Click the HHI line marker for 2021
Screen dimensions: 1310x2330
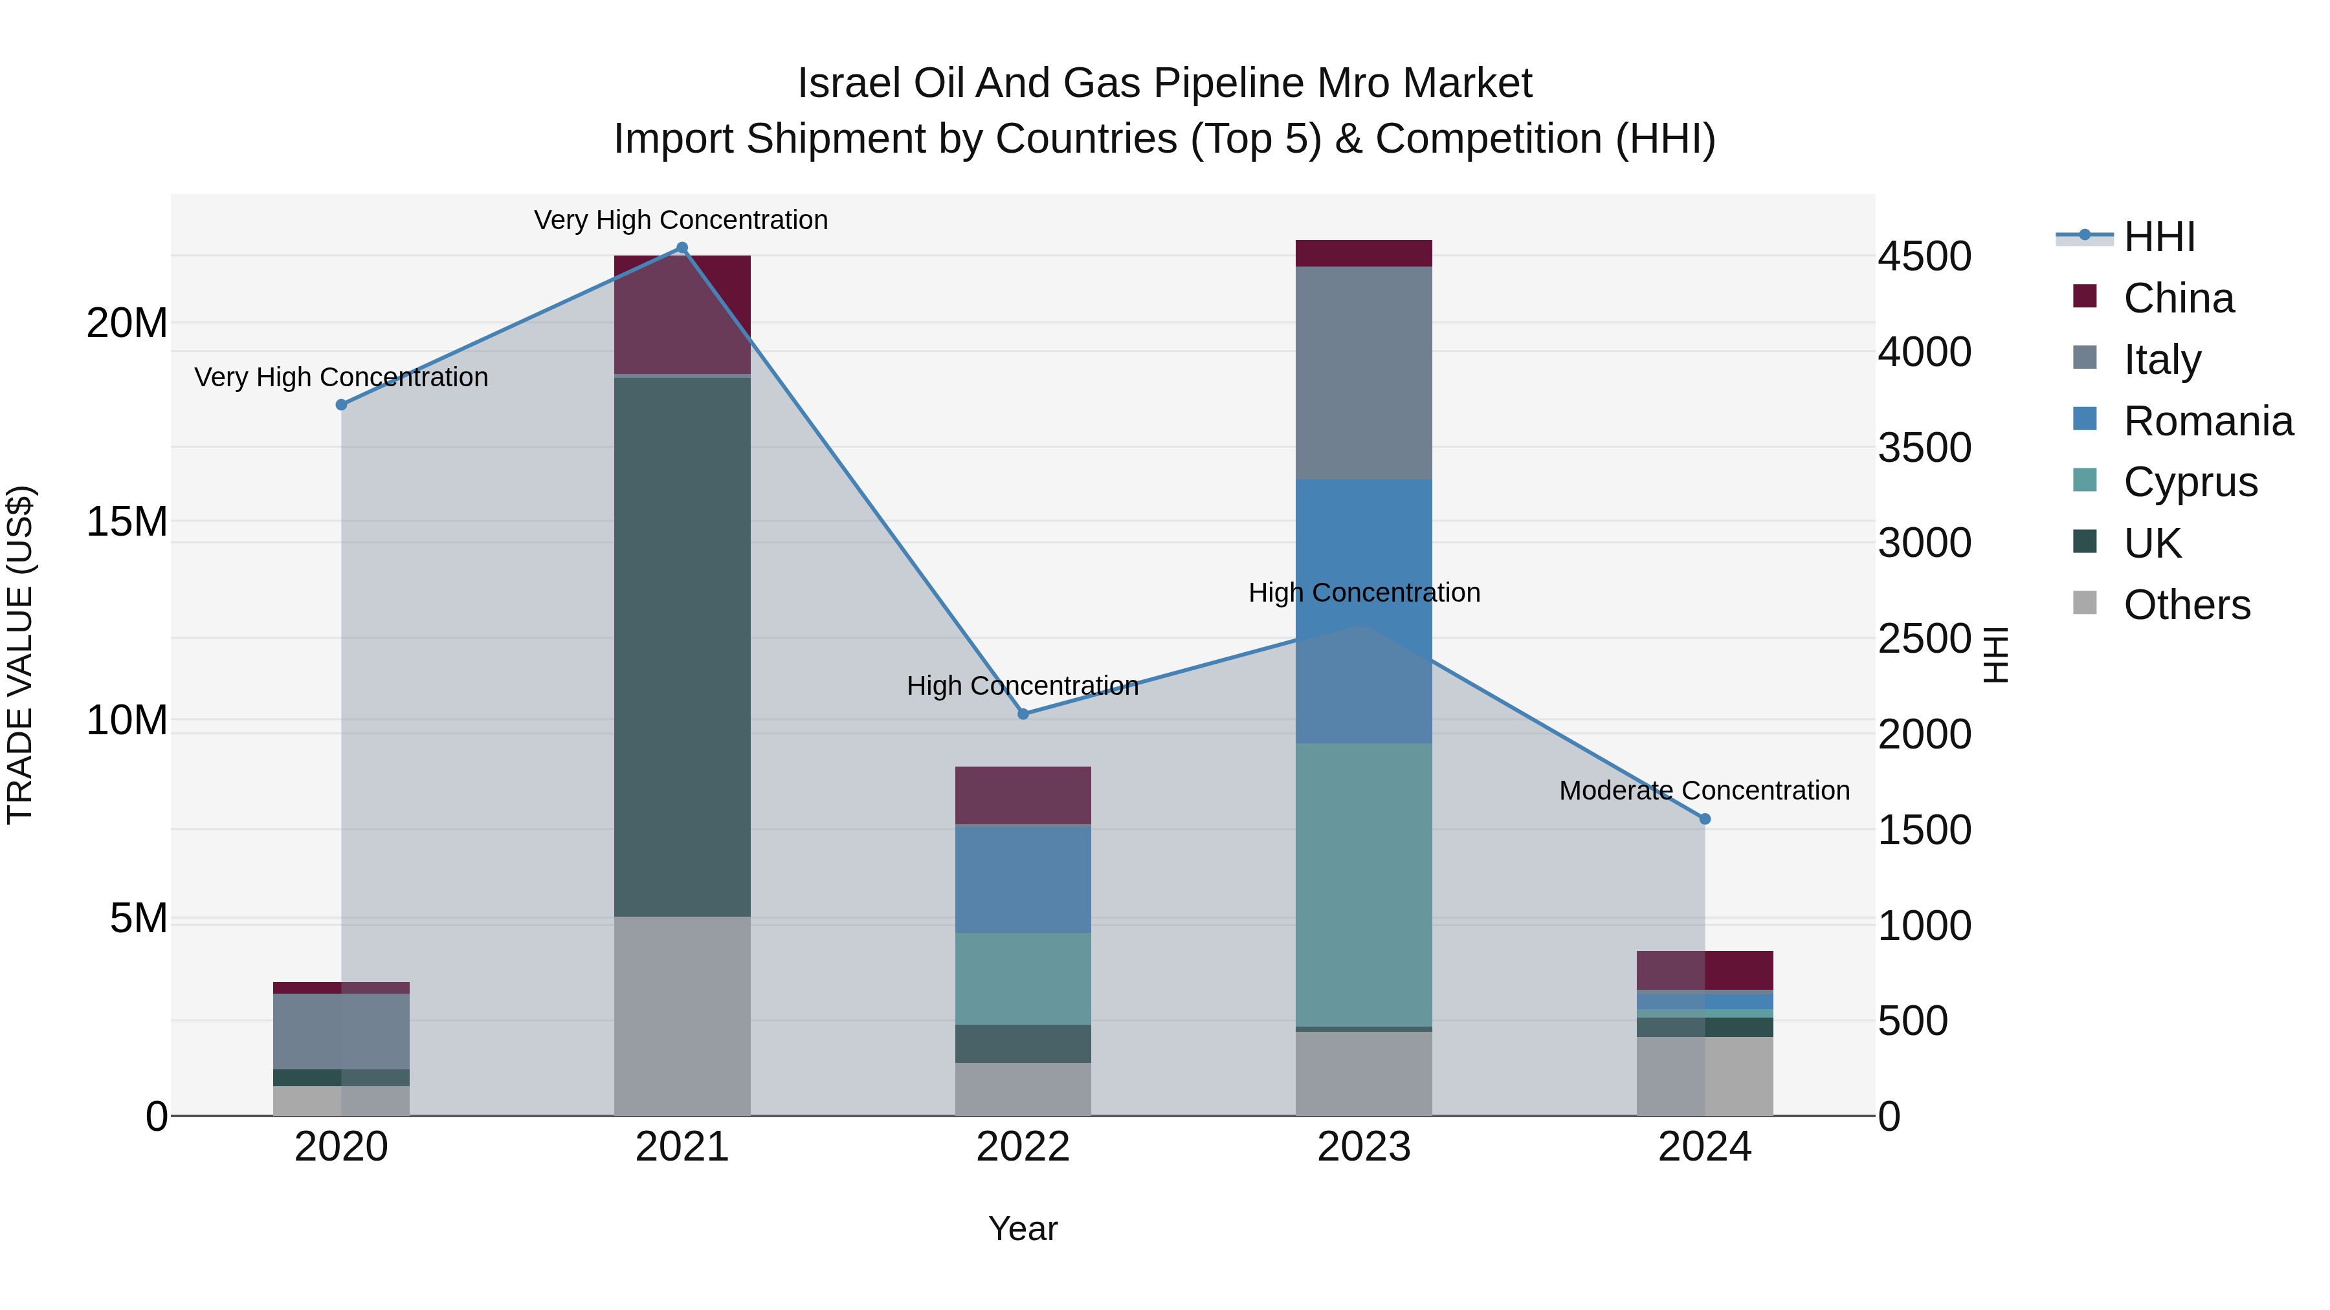click(x=682, y=248)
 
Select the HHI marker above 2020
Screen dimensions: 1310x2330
click(x=341, y=404)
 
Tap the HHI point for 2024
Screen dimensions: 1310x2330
click(x=1704, y=818)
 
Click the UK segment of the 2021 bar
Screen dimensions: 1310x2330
click(x=682, y=646)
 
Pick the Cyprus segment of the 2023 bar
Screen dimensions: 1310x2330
click(x=1363, y=884)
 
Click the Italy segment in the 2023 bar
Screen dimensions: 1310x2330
click(x=1363, y=373)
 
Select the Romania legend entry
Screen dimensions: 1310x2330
click(x=2207, y=421)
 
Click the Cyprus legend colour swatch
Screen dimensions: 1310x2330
click(x=2084, y=480)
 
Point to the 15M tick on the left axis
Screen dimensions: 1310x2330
click(x=127, y=521)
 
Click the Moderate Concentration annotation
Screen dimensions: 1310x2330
click(x=1704, y=790)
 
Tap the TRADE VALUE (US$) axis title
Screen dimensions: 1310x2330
click(x=20, y=655)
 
